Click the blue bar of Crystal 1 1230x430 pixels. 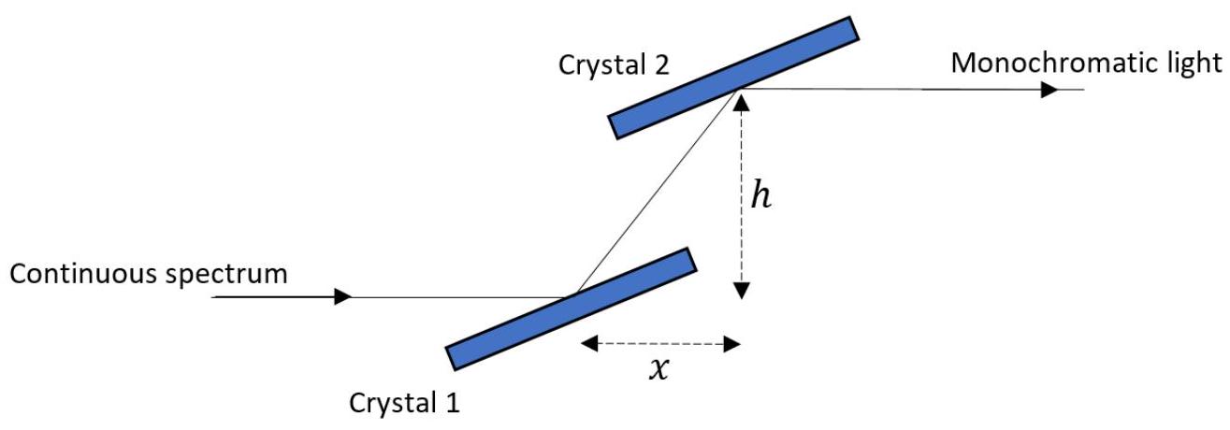[x=572, y=308]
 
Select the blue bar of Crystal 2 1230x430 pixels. [x=733, y=78]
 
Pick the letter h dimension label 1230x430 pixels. [x=761, y=195]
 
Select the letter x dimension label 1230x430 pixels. [x=659, y=369]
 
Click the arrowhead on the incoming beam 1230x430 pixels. [x=342, y=296]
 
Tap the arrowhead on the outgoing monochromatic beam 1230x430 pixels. [x=1049, y=90]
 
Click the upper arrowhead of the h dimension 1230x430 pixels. [x=742, y=103]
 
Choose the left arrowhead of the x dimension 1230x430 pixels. [x=589, y=344]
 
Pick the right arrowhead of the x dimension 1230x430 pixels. [x=732, y=344]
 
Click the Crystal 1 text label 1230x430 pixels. [x=404, y=404]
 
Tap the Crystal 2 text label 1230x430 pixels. [x=614, y=65]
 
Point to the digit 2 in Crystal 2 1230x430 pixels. [x=661, y=64]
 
